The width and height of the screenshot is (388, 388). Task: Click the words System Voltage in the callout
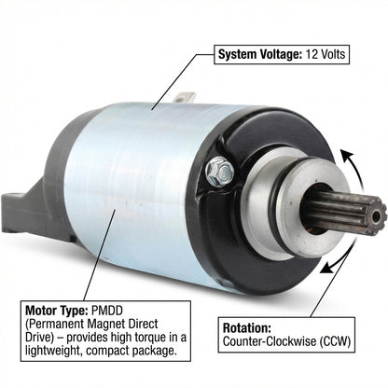point(260,54)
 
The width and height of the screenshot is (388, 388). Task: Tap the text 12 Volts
point(326,54)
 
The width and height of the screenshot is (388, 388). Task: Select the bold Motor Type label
point(57,311)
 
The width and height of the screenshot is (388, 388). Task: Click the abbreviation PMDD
point(107,310)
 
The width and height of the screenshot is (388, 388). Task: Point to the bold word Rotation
point(247,328)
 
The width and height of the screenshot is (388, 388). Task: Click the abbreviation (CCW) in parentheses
point(334,341)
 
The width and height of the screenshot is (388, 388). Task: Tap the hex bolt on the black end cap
point(219,172)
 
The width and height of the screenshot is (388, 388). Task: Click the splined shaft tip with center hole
point(376,215)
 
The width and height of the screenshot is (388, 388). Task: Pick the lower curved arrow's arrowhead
point(326,268)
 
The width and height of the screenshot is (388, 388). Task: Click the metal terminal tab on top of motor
point(185,97)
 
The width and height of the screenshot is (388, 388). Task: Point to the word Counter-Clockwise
point(269,341)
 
